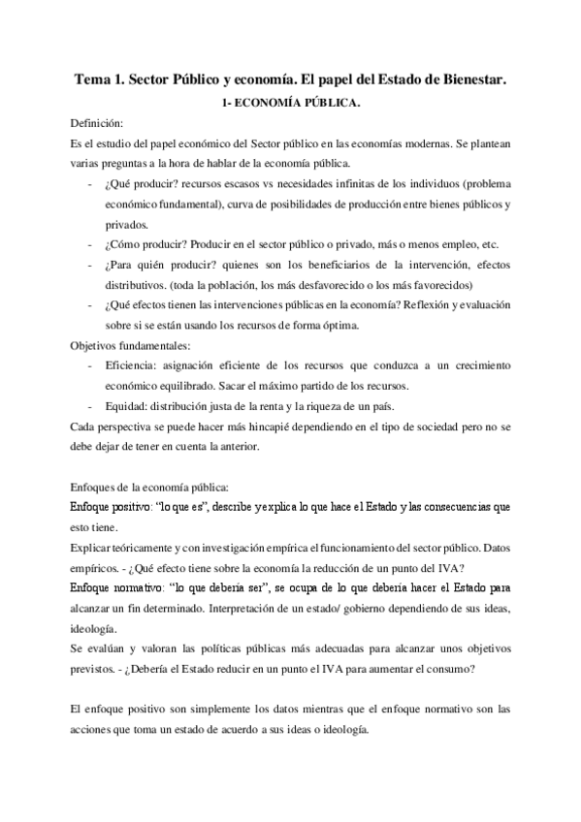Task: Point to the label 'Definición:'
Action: pyautogui.click(x=97, y=125)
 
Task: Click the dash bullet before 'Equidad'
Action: pyautogui.click(x=90, y=405)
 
